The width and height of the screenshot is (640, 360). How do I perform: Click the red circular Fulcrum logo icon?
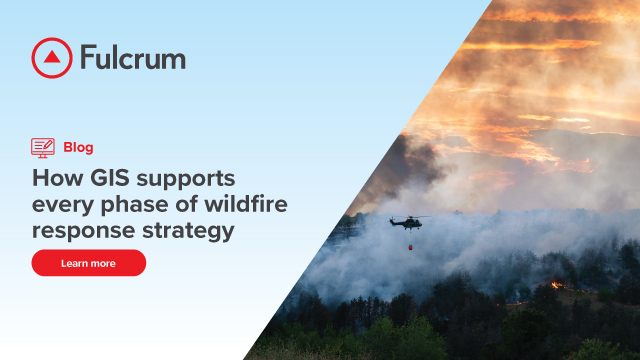[51, 58]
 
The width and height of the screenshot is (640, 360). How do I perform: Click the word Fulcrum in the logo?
[132, 58]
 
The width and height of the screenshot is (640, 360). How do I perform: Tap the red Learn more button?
[88, 263]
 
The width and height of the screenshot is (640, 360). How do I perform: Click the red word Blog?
[78, 147]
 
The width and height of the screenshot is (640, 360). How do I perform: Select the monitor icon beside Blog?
[43, 147]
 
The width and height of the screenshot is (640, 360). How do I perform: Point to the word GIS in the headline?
[110, 179]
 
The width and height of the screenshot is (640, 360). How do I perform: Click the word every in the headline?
[59, 205]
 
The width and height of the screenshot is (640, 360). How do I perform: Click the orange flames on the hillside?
[556, 284]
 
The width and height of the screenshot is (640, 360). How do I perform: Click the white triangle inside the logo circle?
[51, 59]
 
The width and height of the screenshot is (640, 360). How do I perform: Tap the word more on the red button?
[102, 263]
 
